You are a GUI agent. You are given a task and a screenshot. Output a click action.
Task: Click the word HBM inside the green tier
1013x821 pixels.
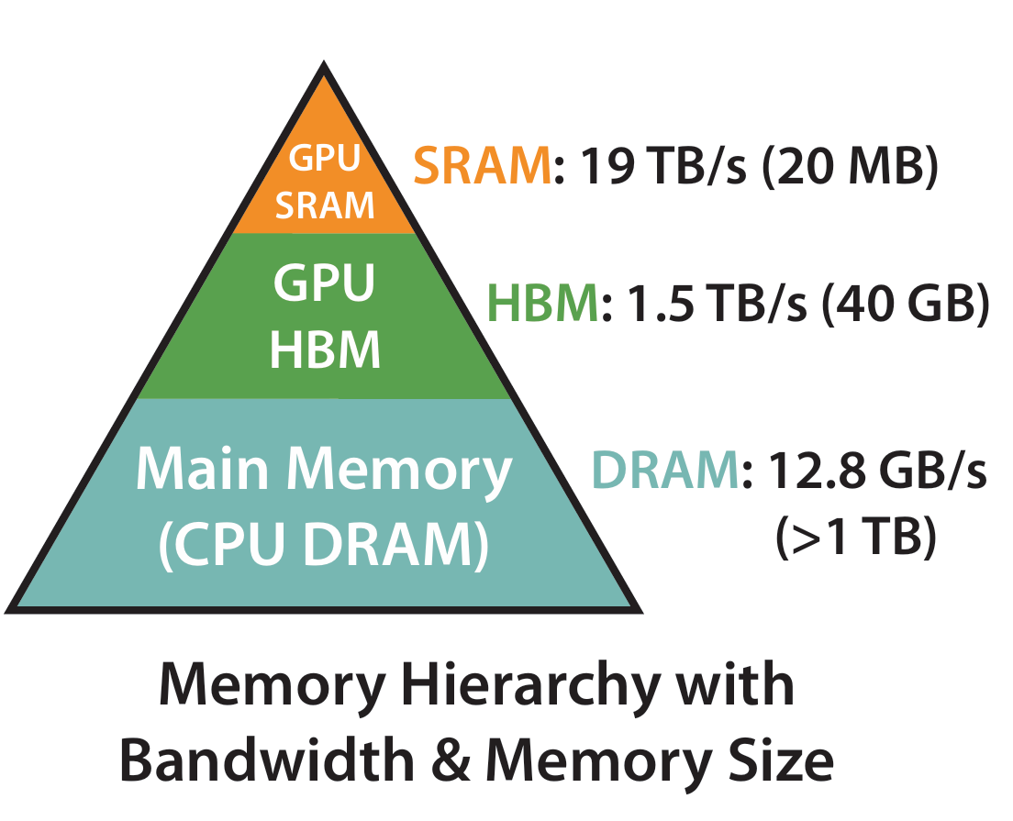(325, 349)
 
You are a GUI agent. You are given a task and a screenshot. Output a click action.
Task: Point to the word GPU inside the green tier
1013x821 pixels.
(325, 284)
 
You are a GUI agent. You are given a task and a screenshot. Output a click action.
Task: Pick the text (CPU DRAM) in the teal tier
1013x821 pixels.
(324, 544)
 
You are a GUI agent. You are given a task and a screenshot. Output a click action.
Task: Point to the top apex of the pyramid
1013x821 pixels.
(324, 66)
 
